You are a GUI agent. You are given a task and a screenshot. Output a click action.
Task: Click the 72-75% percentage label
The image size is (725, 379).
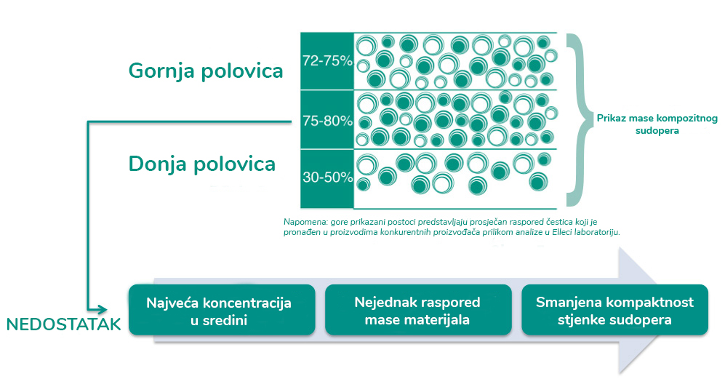point(327,60)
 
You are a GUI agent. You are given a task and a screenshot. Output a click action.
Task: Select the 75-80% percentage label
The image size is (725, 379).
point(327,121)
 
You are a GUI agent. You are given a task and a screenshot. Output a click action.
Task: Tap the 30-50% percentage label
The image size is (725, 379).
point(327,177)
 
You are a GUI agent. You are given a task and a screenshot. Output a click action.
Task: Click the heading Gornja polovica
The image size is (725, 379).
point(206,71)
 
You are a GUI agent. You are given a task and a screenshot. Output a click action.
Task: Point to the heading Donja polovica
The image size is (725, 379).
point(202,164)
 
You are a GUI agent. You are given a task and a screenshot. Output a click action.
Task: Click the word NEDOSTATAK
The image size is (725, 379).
point(64,324)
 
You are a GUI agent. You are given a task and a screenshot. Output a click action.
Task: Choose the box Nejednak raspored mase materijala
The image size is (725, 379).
point(418,310)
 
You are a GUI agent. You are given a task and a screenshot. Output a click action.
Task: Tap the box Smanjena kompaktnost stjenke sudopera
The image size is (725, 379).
point(615,310)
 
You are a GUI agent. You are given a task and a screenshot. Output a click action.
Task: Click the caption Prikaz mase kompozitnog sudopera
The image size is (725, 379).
point(657,124)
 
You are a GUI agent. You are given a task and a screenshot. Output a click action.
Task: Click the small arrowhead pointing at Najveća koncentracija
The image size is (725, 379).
point(103,310)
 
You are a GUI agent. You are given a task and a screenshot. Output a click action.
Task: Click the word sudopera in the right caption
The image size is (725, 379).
point(657,130)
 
